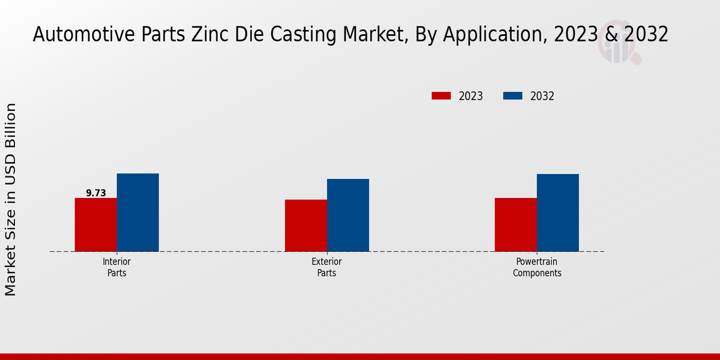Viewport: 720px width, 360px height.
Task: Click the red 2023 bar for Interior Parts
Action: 96,224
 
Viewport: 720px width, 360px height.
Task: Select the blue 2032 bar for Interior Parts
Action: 138,212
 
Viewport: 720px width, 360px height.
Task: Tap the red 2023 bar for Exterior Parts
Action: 306,226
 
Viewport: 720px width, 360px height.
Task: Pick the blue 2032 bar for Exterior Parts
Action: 348,215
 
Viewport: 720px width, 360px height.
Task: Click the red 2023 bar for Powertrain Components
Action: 516,224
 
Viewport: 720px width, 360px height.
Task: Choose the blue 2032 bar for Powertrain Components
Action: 558,212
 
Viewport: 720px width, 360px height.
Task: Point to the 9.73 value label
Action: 96,193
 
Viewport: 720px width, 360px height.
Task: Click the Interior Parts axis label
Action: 116,267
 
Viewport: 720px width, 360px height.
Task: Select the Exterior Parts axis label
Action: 326,267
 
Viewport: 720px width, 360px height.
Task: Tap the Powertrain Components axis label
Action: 537,267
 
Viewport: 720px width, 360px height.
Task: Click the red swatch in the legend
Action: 441,96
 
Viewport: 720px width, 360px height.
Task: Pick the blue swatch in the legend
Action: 512,96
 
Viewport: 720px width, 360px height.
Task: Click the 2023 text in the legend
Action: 471,96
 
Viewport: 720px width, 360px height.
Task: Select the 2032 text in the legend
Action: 542,96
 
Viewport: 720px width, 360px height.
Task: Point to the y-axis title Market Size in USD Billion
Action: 11,199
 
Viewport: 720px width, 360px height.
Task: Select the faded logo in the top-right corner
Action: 618,45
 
